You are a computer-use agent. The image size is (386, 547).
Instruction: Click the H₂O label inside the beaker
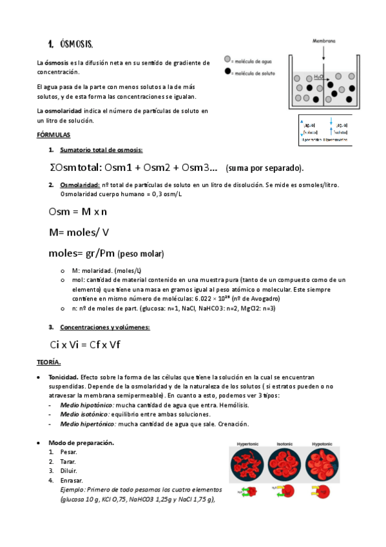(318, 75)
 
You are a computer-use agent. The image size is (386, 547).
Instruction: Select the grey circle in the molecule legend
(227, 59)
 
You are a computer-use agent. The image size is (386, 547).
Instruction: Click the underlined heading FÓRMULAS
(53, 135)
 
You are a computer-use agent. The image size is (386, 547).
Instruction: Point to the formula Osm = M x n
(77, 212)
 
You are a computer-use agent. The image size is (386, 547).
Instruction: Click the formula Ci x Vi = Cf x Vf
(84, 344)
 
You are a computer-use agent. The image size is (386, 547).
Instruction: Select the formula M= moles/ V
(79, 231)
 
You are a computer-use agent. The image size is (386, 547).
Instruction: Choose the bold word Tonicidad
(64, 377)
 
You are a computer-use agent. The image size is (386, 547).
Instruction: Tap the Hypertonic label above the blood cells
(248, 444)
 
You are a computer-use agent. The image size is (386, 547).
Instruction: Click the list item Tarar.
(68, 462)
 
